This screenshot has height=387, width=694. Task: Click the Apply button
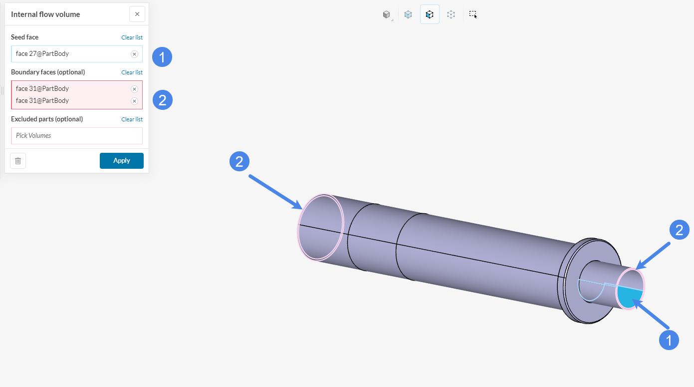coord(121,161)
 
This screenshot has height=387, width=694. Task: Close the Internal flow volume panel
coord(137,14)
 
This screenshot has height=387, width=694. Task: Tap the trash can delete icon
coord(18,161)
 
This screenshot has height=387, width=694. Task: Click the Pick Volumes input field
coord(77,136)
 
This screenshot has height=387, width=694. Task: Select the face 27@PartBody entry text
coord(42,53)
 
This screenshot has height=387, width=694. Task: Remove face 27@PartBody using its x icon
coord(134,54)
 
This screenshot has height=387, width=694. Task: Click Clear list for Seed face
coord(132,37)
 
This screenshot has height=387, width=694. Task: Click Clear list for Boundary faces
coord(132,72)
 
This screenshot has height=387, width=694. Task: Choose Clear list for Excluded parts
coord(132,119)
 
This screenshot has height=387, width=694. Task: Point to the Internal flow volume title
coord(45,14)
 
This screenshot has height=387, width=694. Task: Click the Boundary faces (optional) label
coord(48,72)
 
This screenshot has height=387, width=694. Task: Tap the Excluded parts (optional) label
coord(47,119)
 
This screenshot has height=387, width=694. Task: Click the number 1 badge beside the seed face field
coord(162,57)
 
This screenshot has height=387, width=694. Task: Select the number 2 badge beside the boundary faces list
coord(162,100)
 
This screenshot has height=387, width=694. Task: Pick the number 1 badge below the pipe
coord(669,340)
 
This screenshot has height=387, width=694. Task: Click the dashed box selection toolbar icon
coord(473,14)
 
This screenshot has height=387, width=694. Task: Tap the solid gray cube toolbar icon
coord(386,14)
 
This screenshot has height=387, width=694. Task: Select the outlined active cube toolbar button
coord(430,14)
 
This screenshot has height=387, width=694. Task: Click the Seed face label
coord(24,37)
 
